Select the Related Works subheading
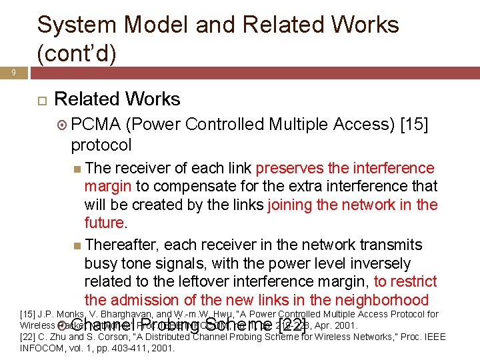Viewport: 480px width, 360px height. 117,99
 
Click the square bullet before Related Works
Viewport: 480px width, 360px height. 41,100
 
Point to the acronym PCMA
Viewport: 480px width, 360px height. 95,125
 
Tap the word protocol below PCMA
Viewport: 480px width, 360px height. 101,145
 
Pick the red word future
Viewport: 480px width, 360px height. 104,222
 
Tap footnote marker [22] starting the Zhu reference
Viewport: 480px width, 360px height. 29,337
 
